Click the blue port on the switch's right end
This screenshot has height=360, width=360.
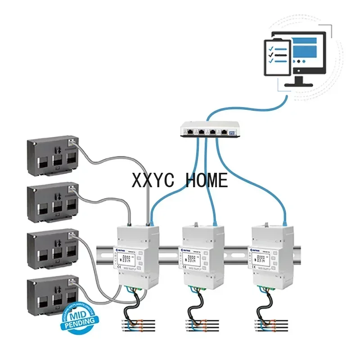pos(232,132)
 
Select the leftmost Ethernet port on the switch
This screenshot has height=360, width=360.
pos(190,132)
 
